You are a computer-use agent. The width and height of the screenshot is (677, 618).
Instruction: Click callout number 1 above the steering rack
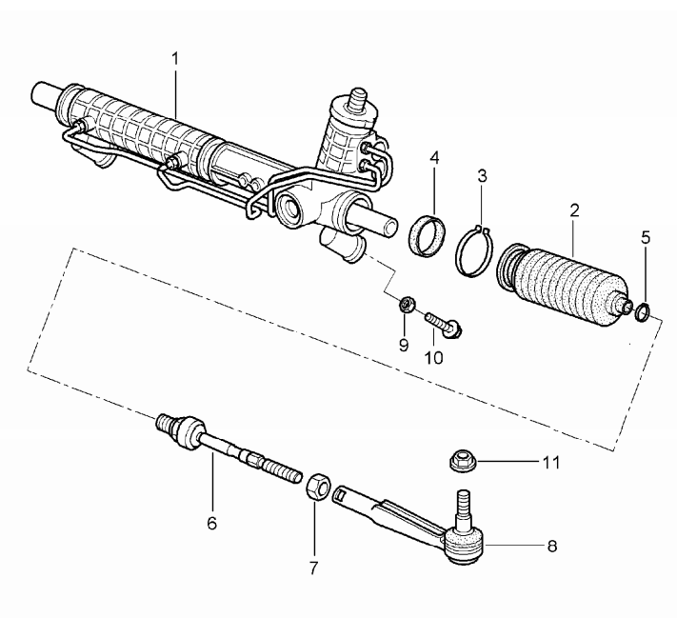[175, 58]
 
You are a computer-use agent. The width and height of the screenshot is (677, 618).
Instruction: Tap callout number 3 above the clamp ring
[482, 177]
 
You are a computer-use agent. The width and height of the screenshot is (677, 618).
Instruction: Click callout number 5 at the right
[646, 238]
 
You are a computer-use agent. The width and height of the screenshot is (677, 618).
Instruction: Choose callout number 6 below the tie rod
[211, 522]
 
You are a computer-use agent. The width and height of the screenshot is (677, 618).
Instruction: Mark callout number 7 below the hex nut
[314, 568]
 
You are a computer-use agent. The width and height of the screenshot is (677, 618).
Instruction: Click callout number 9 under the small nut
[404, 344]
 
